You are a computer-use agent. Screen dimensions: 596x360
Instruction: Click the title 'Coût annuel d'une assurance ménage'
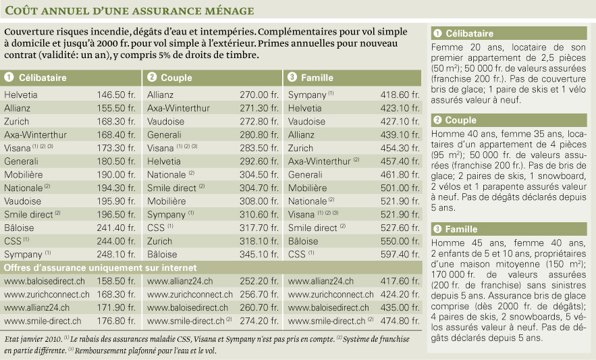coord(129,10)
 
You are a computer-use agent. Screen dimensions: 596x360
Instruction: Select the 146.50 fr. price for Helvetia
coord(116,95)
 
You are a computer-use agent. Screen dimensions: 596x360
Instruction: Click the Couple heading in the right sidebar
coord(461,120)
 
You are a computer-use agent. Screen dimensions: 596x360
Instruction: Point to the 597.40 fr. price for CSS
coord(400,254)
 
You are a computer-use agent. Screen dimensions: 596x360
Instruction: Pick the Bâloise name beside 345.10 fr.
coord(162,254)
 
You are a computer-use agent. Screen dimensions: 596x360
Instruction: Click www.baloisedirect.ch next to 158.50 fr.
coord(45,281)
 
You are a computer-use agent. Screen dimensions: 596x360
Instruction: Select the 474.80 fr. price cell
coord(400,321)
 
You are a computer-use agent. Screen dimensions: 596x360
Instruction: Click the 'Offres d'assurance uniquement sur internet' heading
coord(101,268)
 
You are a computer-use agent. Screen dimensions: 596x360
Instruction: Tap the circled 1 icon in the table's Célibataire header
coord(9,77)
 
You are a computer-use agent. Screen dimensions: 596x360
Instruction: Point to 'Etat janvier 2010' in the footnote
coord(33,339)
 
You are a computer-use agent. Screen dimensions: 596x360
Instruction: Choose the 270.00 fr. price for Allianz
coord(259,95)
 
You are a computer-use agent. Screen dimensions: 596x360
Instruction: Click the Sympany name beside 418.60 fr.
coord(307,95)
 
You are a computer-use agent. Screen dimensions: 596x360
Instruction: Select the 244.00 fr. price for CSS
coord(116,241)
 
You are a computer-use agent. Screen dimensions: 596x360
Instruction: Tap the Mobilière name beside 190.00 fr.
coord(23,175)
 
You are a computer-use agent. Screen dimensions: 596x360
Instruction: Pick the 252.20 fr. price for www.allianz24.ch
coord(259,281)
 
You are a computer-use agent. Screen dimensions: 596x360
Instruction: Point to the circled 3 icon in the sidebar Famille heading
coord(437,229)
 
